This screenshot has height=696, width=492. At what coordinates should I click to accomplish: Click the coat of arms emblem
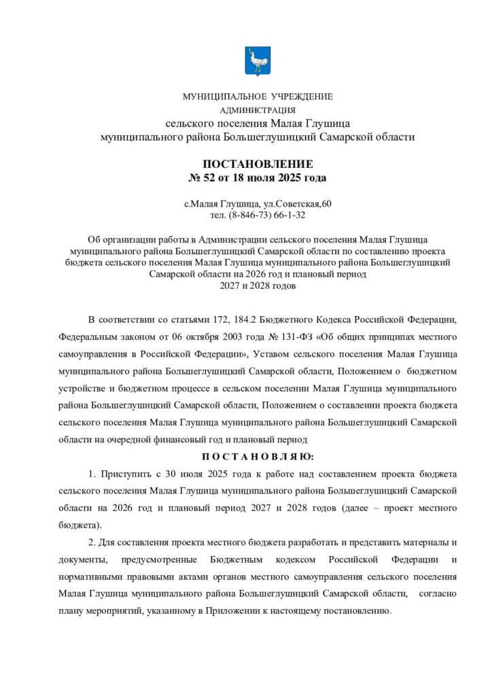click(257, 60)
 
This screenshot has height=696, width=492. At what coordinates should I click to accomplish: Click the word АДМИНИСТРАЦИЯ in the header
click(257, 109)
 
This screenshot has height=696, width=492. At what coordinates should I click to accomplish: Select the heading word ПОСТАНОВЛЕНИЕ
click(258, 164)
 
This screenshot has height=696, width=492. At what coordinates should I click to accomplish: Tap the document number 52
click(206, 178)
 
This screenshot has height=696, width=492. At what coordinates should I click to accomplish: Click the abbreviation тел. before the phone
click(219, 215)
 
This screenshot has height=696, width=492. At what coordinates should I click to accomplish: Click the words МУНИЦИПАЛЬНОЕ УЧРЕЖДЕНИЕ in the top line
click(258, 97)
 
